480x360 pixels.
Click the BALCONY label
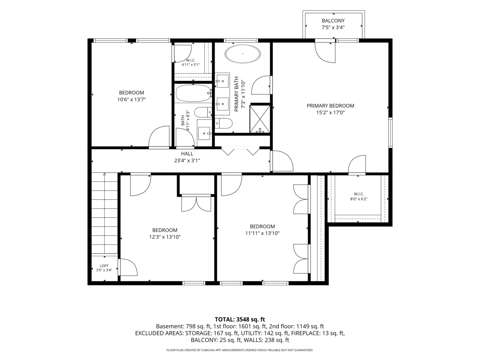tap(333, 21)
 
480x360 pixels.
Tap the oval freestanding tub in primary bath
tap(243, 54)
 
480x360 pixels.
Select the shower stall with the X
tap(260, 119)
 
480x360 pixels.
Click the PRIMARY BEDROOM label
tap(330, 106)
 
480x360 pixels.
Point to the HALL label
tap(187, 154)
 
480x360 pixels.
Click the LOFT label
tap(104, 266)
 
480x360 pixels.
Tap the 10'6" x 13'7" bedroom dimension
tap(131, 100)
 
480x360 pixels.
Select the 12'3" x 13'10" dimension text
tap(165, 237)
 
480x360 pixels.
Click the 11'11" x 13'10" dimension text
tap(262, 233)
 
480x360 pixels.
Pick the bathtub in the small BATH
tap(193, 93)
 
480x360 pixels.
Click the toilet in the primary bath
tap(223, 123)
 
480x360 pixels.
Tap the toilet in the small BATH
tap(203, 112)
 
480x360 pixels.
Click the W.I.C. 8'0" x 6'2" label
tap(359, 197)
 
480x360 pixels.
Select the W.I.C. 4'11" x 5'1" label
tap(190, 63)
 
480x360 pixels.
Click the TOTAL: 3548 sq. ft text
tap(240, 320)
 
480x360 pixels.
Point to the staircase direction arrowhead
tap(105, 174)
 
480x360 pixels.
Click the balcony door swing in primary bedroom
tap(325, 52)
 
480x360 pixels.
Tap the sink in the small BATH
tap(204, 133)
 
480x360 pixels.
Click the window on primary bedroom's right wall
tap(390, 133)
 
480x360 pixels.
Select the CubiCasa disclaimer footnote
tap(240, 350)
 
